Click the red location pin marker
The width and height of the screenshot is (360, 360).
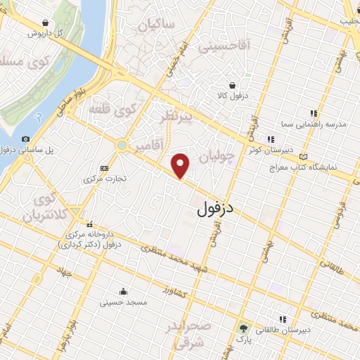click(x=181, y=165)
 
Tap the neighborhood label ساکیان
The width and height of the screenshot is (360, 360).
click(x=155, y=27)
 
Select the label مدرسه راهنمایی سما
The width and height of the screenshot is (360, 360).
click(x=320, y=124)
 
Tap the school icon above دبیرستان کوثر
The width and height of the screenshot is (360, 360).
click(x=270, y=139)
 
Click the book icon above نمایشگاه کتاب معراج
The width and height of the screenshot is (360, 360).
click(x=303, y=156)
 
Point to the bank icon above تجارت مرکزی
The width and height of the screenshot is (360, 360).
click(x=105, y=168)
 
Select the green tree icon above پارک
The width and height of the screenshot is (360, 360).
click(x=243, y=328)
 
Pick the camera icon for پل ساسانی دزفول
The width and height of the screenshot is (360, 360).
click(x=26, y=139)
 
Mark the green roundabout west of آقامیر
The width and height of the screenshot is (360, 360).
click(x=122, y=145)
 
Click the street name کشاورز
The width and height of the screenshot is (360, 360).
click(x=176, y=290)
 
